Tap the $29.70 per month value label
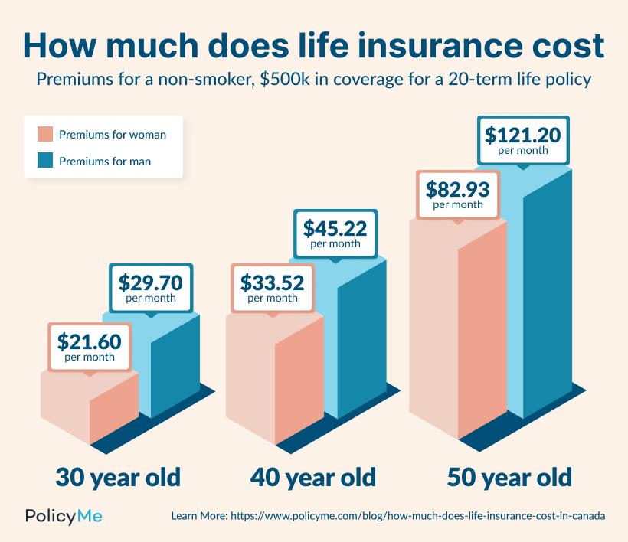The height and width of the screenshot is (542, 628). pos(151,288)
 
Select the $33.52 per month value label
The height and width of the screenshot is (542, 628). pos(273,288)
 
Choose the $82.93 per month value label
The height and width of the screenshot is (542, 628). pos(457,194)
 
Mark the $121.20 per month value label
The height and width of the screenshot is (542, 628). pos(523,140)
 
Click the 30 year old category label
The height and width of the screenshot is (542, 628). pos(118,478)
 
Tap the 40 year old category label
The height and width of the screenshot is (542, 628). pos(313,478)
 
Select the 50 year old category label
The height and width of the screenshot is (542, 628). pos(509,478)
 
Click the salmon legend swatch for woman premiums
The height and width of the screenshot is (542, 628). pos(44,135)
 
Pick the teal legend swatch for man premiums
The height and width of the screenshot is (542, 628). pos(44,161)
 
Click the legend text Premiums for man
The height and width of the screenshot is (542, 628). pos(105,162)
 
